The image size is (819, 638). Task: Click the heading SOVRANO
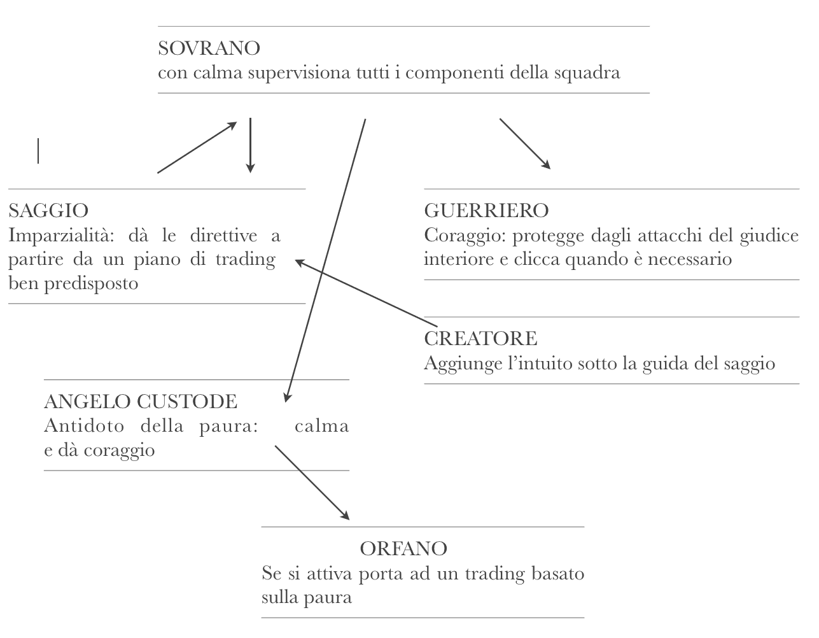tap(209, 48)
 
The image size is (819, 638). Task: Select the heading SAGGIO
tap(48, 210)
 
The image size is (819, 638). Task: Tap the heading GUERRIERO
tap(486, 210)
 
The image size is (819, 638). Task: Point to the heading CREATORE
tap(480, 338)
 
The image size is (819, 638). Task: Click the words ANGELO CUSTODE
tap(141, 401)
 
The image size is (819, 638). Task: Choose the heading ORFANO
tap(403, 548)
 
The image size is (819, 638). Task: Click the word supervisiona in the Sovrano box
tap(299, 73)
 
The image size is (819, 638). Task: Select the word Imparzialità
tap(61, 236)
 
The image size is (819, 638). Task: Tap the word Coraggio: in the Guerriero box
tap(465, 236)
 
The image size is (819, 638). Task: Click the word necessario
tap(690, 259)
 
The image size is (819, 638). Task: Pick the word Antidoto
tap(84, 426)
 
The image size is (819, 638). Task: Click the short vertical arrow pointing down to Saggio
tap(250, 145)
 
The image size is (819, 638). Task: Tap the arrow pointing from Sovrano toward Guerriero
tap(525, 144)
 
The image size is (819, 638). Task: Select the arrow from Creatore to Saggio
tap(366, 293)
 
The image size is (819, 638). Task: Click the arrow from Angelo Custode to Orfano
tap(312, 483)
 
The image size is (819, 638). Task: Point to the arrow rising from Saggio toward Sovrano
tap(197, 148)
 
